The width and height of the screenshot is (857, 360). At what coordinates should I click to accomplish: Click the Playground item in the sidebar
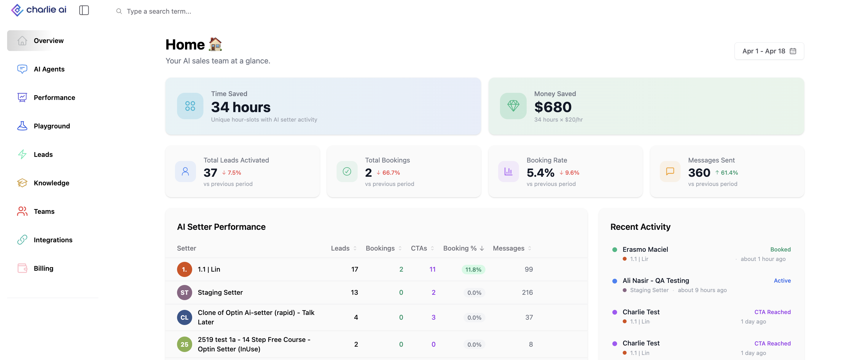[43, 126]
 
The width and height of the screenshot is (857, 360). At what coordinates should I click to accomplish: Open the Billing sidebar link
[35, 268]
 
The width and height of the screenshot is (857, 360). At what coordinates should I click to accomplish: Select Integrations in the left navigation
[44, 240]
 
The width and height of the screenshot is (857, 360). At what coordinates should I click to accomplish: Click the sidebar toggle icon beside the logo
[84, 10]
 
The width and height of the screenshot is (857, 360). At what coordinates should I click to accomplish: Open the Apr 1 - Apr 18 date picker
[769, 51]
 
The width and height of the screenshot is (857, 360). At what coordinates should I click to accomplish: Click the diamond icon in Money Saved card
[513, 106]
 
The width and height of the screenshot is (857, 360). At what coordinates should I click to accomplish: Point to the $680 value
[552, 107]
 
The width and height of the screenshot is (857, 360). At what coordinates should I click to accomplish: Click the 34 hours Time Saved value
[240, 107]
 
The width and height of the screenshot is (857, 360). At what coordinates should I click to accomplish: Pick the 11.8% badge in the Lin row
[473, 270]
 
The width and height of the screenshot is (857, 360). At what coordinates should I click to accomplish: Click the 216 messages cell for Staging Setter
[527, 292]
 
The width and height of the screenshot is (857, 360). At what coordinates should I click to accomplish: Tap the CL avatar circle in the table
[184, 317]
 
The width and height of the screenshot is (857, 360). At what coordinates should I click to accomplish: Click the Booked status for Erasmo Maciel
[780, 249]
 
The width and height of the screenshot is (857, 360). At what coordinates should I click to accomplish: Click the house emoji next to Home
[215, 44]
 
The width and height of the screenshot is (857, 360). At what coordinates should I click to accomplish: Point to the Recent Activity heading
[640, 227]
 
